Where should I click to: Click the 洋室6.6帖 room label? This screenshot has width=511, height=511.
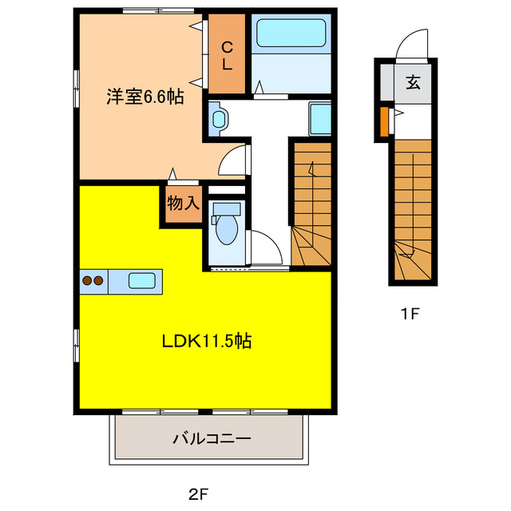tap(145, 97)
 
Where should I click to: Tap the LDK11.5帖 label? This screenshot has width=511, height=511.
tap(208, 341)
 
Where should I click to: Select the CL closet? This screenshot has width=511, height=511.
tap(227, 53)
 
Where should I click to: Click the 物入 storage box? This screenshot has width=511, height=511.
tap(183, 204)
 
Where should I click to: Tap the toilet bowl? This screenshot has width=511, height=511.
tap(226, 228)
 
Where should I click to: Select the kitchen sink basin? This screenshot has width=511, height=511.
tap(141, 280)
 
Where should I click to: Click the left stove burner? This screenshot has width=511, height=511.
tap(87, 280)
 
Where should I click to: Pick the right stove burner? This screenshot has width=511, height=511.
tap(99, 280)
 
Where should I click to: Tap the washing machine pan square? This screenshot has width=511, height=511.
tap(319, 119)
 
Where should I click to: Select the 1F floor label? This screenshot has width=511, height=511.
tap(410, 314)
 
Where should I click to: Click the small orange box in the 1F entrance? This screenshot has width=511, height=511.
tap(384, 121)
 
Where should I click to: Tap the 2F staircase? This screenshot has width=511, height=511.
tap(310, 204)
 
